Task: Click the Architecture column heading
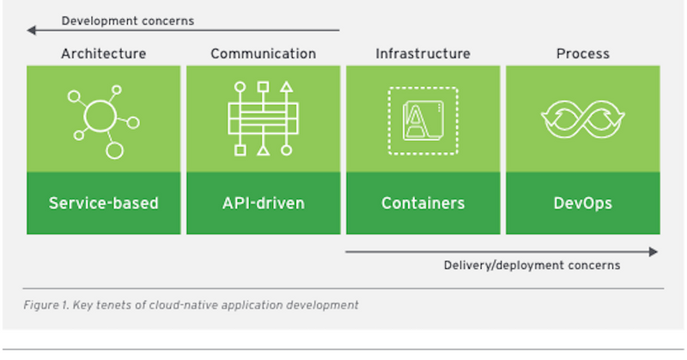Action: (104, 53)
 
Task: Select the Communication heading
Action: (264, 53)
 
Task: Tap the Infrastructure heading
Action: (423, 53)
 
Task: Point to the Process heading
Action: (583, 53)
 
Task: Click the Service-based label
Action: (103, 203)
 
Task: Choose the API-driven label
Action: (264, 203)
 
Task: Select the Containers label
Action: (423, 203)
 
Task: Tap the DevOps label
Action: (583, 204)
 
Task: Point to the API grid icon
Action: (264, 119)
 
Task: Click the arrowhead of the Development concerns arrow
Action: (31, 30)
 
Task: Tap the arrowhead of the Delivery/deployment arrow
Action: (654, 252)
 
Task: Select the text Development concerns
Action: (127, 21)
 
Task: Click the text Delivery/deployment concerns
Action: (532, 265)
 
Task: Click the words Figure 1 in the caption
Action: (46, 305)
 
